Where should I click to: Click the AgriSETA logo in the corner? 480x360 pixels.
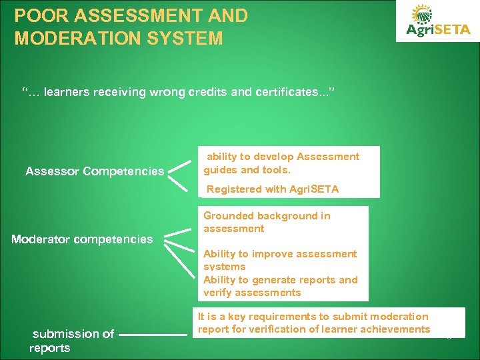click(438, 22)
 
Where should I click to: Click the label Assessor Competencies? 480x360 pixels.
click(95, 172)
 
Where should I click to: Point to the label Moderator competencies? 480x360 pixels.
click(82, 239)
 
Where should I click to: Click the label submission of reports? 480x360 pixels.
click(72, 341)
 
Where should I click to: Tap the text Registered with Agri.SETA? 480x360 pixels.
click(273, 189)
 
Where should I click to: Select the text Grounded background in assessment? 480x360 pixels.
click(267, 222)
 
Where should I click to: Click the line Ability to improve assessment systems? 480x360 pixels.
click(280, 260)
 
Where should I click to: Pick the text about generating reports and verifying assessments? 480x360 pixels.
click(280, 286)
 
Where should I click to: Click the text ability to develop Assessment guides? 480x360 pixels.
click(281, 163)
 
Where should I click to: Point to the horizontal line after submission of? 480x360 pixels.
click(155, 334)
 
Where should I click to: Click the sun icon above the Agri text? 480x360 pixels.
click(422, 14)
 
